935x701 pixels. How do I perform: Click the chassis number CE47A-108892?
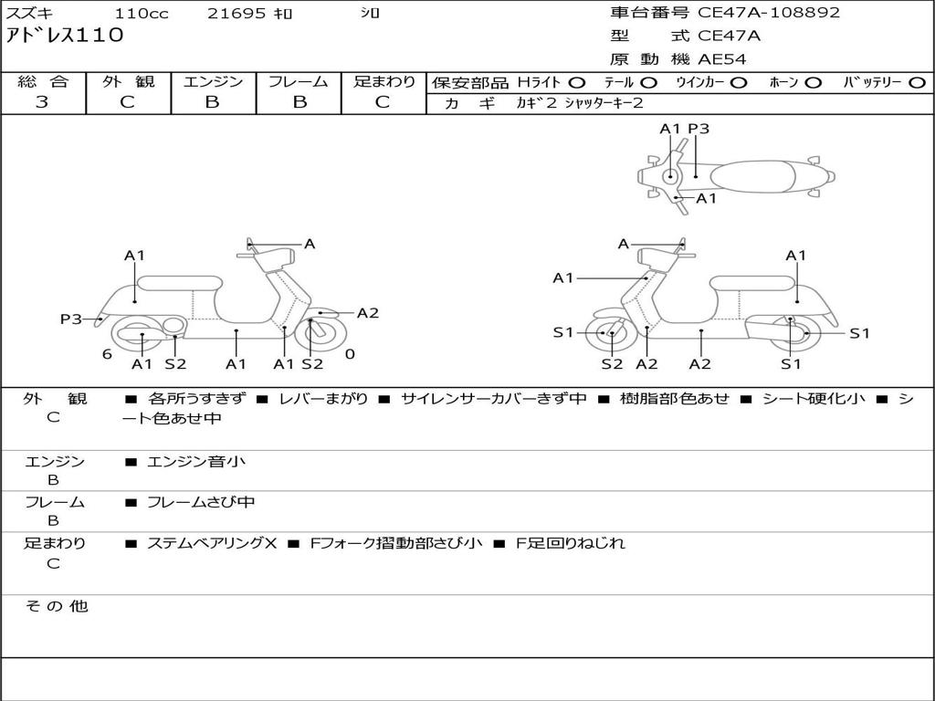tap(768, 13)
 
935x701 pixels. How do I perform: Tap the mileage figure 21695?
tap(236, 13)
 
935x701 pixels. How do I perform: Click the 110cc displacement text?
tap(142, 13)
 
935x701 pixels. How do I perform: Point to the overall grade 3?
tap(42, 101)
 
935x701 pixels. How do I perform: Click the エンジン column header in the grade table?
tap(213, 81)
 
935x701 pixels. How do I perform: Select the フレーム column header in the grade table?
tap(299, 81)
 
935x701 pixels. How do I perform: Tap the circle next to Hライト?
tap(577, 83)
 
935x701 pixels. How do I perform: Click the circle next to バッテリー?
tap(917, 83)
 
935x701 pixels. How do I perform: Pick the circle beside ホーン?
tap(814, 83)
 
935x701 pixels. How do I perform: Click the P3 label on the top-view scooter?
tap(699, 129)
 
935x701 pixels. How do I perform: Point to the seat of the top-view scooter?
tap(752, 177)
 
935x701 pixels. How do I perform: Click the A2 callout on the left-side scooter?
tap(367, 313)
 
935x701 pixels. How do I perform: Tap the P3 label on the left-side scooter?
tap(71, 319)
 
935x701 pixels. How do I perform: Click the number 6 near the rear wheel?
tap(107, 354)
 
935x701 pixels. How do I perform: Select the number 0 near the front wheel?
tap(350, 354)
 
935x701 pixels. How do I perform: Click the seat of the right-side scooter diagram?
tap(753, 284)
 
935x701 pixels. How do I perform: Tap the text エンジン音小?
tap(196, 461)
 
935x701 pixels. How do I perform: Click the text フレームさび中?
tap(201, 503)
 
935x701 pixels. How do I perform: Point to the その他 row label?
tap(57, 606)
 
